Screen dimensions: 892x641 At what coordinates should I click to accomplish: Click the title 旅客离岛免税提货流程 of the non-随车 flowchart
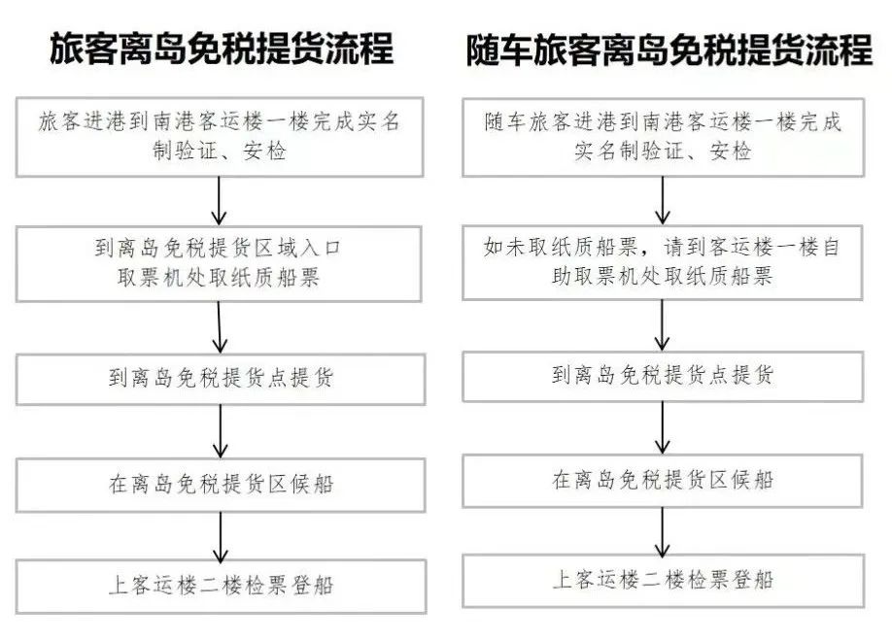222,49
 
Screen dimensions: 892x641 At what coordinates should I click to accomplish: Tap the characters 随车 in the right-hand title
499,50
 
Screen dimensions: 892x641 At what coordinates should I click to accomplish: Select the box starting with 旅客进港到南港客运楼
220,137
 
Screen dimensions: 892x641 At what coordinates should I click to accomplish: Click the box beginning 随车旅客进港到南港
664,137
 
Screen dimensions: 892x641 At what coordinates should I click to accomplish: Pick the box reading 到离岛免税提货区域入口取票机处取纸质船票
219,264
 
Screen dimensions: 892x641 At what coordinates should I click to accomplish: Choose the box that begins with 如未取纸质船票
663,263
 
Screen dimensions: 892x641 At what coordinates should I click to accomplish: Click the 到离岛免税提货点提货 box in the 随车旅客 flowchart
663,377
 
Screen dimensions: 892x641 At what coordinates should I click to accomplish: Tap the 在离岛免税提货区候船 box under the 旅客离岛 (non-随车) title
221,486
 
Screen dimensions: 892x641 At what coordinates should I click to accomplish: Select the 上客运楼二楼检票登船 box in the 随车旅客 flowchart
664,581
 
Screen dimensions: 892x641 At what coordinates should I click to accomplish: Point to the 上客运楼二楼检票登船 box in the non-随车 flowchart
222,587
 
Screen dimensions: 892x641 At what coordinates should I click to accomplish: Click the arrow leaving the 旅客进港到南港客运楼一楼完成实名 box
219,201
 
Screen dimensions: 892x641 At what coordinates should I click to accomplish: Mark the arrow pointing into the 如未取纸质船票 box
662,201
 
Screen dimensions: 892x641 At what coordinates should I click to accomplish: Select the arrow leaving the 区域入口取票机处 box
220,327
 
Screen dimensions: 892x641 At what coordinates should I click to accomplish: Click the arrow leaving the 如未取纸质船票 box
662,325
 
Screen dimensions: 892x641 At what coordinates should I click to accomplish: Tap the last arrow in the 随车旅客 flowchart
662,532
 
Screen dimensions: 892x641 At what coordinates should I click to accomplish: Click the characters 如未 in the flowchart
503,247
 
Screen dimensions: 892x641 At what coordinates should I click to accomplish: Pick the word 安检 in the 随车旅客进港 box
731,152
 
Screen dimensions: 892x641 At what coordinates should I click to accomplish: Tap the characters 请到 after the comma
685,247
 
